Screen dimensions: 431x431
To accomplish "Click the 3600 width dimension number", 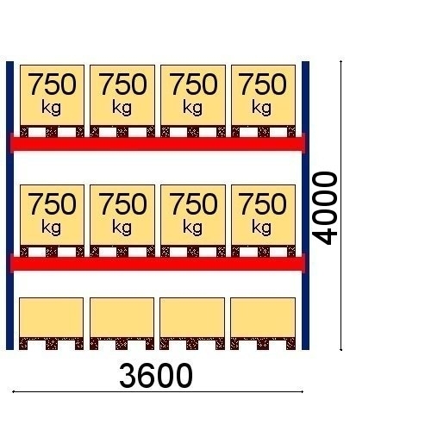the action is [156, 376].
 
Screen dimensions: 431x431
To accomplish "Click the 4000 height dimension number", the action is [325, 209].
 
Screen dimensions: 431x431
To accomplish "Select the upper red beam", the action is [158, 144].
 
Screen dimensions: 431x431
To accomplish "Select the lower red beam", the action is [158, 264].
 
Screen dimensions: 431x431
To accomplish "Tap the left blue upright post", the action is [9, 205].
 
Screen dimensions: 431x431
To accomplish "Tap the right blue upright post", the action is [305, 205].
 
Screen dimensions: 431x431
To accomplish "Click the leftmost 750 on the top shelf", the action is [53, 84].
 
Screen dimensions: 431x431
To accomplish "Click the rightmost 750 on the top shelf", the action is [263, 84].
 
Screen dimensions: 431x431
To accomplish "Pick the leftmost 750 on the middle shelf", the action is [53, 204].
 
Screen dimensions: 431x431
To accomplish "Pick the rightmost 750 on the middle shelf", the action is [263, 204].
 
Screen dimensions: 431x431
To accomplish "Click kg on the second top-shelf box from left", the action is [122, 108].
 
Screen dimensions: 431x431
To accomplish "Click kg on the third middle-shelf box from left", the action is [192, 228].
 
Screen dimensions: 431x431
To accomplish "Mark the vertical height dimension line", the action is [341, 205].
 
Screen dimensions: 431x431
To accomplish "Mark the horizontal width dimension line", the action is [158, 391].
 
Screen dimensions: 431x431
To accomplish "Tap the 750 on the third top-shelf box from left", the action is [193, 84].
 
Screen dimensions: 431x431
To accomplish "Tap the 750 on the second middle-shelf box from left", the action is [122, 204].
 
